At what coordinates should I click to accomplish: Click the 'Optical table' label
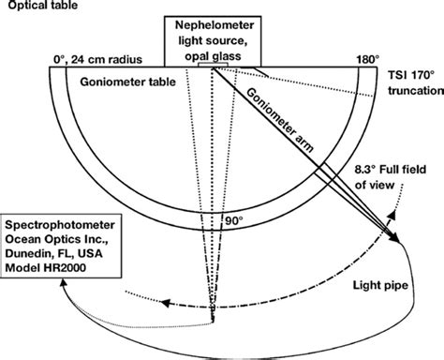[x=37, y=8]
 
